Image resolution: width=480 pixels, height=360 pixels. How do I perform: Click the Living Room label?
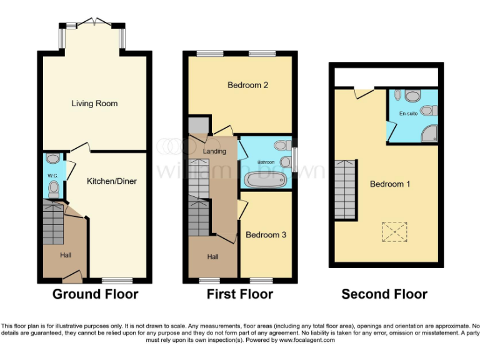[94, 104]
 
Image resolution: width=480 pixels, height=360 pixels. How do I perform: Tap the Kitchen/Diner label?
[112, 181]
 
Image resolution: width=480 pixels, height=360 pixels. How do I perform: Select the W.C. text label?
[52, 176]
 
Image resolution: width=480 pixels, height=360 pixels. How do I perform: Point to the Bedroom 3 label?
[266, 235]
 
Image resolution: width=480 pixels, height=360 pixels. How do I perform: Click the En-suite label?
[408, 114]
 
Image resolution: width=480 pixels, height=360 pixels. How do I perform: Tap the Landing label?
[215, 151]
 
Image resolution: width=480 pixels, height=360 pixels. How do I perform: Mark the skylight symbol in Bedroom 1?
[394, 232]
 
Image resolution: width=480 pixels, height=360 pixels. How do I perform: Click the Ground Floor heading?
[95, 294]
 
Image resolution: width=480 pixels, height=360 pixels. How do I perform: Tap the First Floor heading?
[240, 294]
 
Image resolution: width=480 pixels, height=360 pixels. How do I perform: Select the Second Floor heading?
[384, 294]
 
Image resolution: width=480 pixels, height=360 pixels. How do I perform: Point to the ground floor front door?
[74, 274]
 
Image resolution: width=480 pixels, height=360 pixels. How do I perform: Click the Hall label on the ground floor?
[66, 255]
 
